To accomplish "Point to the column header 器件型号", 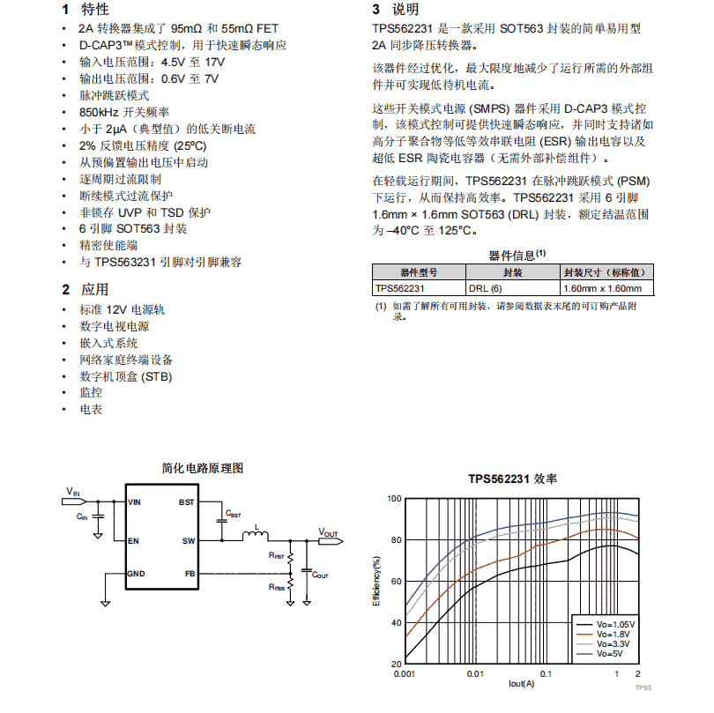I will point(418,273).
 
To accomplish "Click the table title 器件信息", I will point(516,256).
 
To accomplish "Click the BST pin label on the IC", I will point(186,502).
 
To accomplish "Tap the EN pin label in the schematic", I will point(133,540).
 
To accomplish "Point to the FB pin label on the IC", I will point(190,574).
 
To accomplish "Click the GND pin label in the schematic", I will point(137,574).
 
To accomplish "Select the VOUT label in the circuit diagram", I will point(328,532).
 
